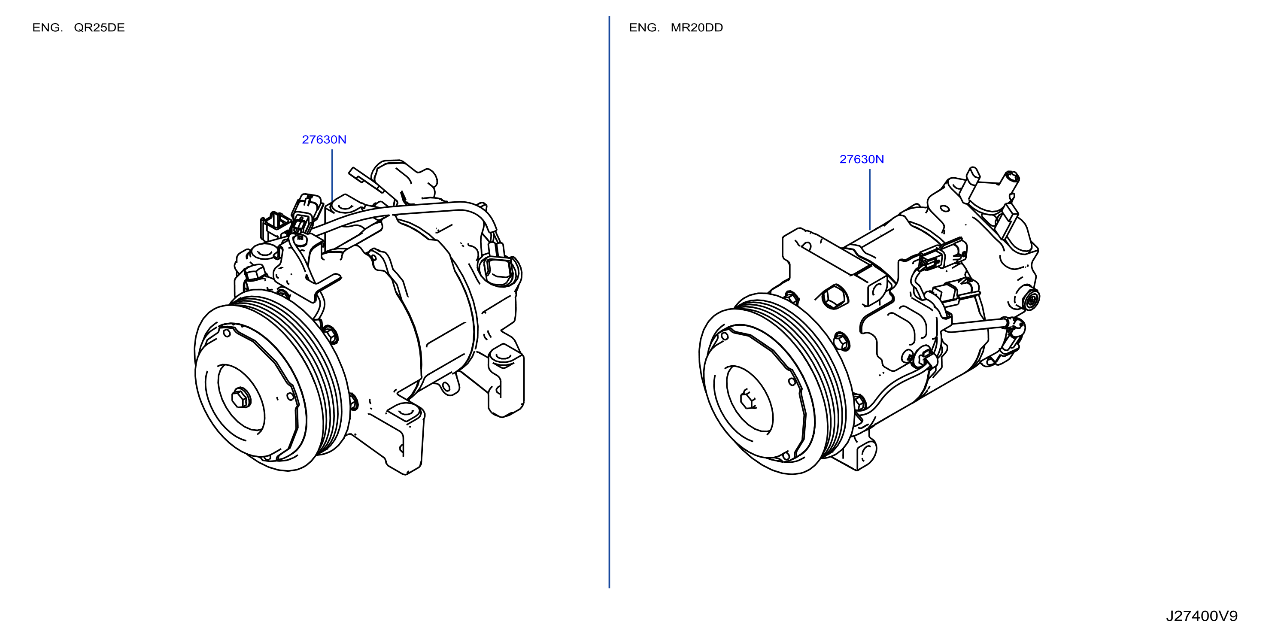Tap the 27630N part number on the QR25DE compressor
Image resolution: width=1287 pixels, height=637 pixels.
(324, 140)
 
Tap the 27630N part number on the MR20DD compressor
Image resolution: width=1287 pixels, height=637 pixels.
(861, 159)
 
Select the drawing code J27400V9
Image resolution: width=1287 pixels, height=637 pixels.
(1202, 616)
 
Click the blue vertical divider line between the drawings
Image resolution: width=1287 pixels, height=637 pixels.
(609, 302)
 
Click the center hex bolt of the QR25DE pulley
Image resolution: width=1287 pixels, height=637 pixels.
(241, 397)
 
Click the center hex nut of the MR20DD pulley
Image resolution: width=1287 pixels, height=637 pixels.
(747, 400)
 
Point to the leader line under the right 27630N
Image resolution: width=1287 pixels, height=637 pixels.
(870, 199)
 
